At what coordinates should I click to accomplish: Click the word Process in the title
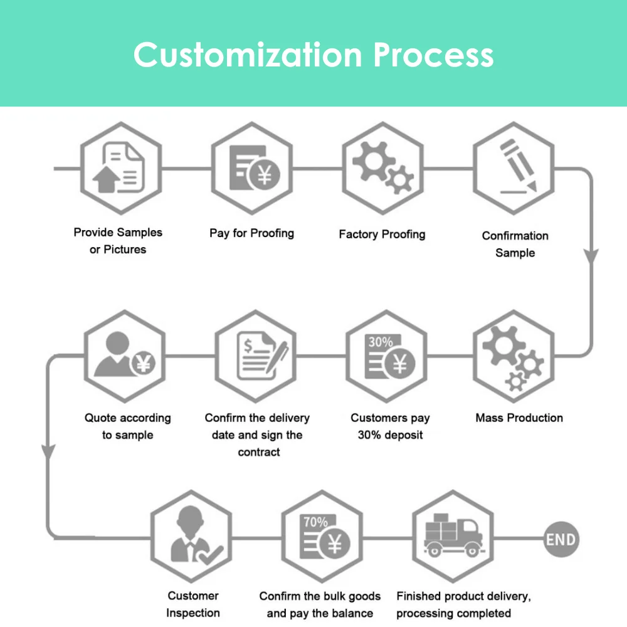434,55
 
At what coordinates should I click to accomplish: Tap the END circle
560,539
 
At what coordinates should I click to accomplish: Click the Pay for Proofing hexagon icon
252,169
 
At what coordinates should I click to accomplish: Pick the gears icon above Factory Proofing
382,169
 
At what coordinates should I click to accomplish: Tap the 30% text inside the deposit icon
380,342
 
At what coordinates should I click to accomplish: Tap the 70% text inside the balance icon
315,522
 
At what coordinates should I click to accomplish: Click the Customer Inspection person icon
192,537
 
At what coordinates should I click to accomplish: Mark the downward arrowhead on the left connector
48,451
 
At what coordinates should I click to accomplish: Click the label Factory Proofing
382,234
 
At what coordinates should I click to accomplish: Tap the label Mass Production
519,418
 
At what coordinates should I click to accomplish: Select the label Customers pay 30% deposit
390,426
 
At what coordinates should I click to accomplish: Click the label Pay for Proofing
251,233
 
